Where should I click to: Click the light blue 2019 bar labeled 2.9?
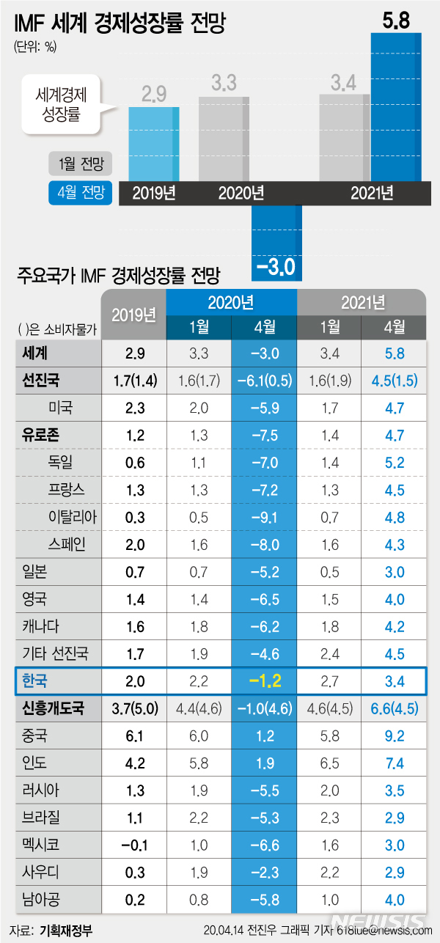pyautogui.click(x=154, y=143)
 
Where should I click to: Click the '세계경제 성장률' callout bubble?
pyautogui.click(x=59, y=104)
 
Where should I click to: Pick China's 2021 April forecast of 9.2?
pyautogui.click(x=395, y=736)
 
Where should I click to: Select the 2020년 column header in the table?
pyautogui.click(x=231, y=301)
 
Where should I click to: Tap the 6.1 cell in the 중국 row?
pyautogui.click(x=135, y=736)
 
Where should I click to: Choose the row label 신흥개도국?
pyautogui.click(x=53, y=709)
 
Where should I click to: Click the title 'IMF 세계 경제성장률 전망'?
pyautogui.click(x=118, y=25)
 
